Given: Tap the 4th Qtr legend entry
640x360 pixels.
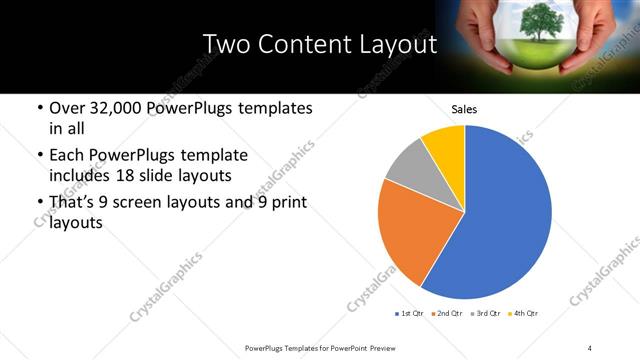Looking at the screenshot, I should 525,314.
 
